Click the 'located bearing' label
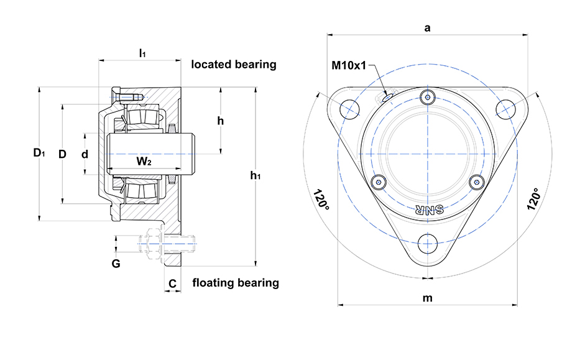pyautogui.click(x=233, y=64)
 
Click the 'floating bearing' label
pyautogui.click(x=235, y=283)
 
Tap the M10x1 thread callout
pyautogui.click(x=349, y=64)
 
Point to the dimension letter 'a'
pyautogui.click(x=427, y=27)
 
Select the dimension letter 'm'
pyautogui.click(x=427, y=298)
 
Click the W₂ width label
pyautogui.click(x=144, y=162)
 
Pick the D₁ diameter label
pyautogui.click(x=39, y=152)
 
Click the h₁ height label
pyautogui.click(x=255, y=176)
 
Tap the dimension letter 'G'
pyautogui.click(x=116, y=264)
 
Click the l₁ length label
pyautogui.click(x=142, y=53)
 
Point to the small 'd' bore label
pyautogui.click(x=85, y=154)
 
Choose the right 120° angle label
pyautogui.click(x=533, y=199)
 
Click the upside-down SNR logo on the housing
pyautogui.click(x=427, y=210)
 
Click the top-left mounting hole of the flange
pyautogui.click(x=351, y=108)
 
